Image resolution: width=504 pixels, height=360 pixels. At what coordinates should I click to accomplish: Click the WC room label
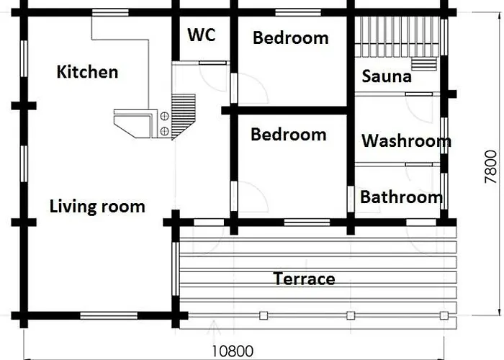(201, 35)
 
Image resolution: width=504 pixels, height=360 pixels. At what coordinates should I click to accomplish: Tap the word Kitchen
(87, 72)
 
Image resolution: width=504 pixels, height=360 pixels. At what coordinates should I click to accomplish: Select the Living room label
(97, 207)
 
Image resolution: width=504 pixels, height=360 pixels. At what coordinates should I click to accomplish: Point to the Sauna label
(387, 76)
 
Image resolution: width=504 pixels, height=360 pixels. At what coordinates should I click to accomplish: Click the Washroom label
(406, 141)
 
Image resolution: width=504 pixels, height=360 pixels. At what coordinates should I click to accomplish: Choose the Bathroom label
(402, 197)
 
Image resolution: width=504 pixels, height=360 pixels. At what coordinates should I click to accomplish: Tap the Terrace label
(304, 279)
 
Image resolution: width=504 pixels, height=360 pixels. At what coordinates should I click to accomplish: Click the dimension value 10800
(233, 351)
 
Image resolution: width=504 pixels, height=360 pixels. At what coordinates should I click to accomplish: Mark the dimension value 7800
(490, 167)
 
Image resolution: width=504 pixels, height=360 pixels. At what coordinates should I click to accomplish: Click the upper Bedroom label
(291, 38)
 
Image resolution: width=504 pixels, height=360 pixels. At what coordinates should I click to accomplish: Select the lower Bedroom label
(289, 135)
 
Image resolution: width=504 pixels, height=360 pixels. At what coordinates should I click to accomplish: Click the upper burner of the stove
(165, 117)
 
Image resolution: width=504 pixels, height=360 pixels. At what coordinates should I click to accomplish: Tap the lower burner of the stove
(165, 131)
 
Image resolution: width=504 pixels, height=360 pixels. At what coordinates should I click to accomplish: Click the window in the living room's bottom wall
(109, 315)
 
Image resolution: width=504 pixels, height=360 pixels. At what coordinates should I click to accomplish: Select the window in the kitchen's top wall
(110, 12)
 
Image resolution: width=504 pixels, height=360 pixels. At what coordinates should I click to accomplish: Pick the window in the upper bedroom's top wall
(298, 12)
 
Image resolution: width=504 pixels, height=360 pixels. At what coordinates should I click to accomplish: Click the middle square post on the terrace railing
(351, 315)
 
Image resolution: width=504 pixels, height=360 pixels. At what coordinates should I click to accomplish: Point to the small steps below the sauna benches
(424, 64)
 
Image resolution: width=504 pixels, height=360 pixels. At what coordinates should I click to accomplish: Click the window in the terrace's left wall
(176, 269)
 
